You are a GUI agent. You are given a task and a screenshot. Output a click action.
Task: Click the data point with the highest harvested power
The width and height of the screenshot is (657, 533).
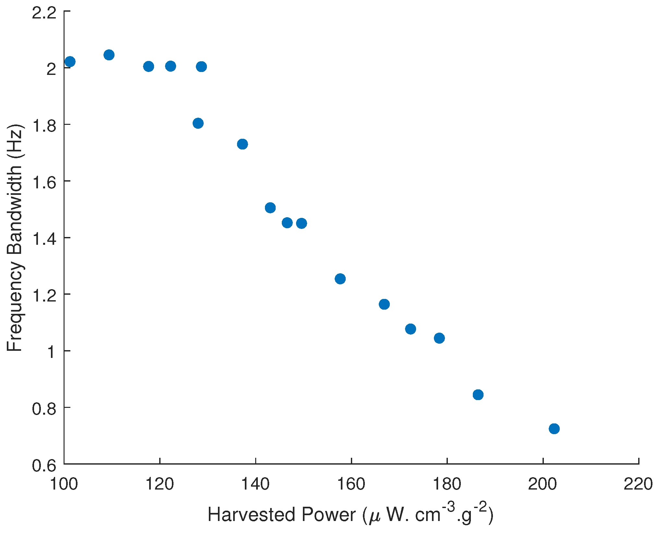pos(554,429)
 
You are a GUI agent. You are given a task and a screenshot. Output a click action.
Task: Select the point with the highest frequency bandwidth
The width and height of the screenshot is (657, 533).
pos(109,55)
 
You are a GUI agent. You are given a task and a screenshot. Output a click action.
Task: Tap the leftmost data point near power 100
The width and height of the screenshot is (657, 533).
pos(70,62)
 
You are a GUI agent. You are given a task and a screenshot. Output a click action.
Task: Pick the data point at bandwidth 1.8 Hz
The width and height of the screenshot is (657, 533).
pos(198,123)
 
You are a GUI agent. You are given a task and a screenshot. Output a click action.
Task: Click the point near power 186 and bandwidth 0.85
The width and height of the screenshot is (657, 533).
pos(478,395)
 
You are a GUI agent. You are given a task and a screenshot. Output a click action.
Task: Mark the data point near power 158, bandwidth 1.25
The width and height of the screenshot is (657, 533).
pos(340,278)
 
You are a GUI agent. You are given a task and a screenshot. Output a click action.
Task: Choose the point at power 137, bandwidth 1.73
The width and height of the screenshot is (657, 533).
pos(242,144)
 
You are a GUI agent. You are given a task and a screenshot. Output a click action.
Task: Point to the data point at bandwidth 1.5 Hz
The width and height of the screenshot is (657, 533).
pos(270,207)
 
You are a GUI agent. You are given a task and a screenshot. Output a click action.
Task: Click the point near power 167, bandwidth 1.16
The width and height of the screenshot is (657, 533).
pos(384,304)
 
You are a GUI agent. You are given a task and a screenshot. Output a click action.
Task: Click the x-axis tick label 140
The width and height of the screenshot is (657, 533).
pos(256,484)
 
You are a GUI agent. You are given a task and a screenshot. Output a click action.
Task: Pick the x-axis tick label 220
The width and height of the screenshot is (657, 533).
pos(638,484)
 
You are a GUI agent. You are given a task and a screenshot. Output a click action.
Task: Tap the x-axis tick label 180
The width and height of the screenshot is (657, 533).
pos(447,484)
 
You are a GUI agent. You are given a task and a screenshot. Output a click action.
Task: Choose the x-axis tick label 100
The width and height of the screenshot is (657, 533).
pos(64,484)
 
